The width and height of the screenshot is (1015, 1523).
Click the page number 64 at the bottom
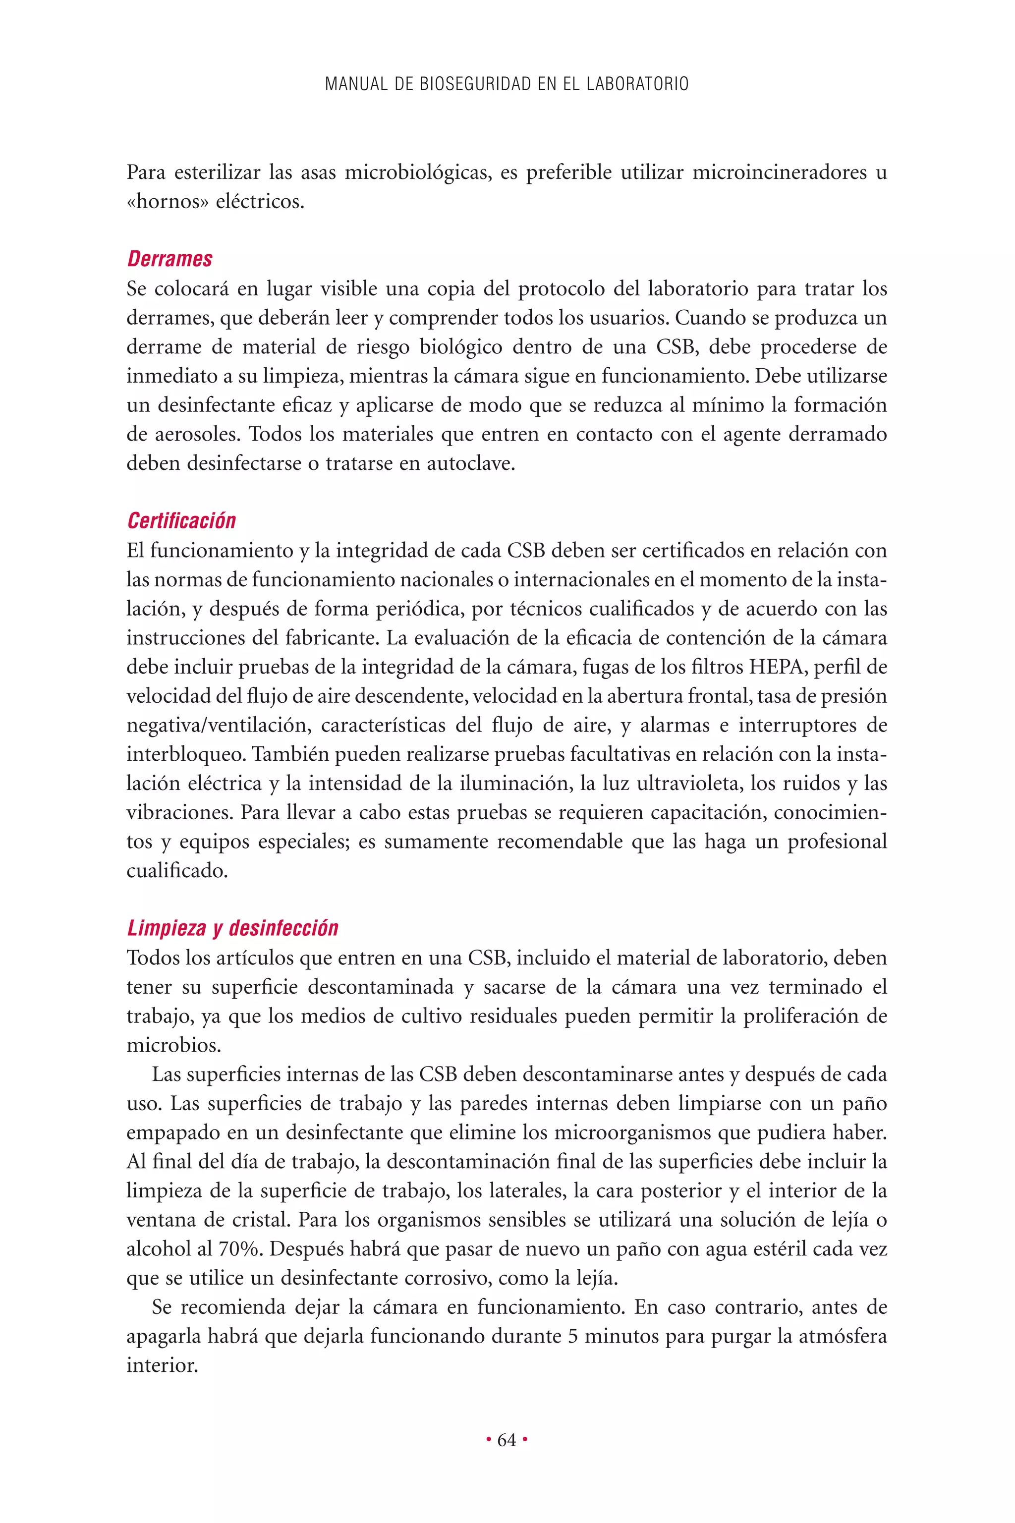(x=507, y=1440)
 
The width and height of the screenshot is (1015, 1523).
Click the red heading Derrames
(x=169, y=259)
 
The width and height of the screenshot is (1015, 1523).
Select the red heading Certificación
(x=181, y=521)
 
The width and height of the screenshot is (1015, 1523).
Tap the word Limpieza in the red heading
(x=167, y=928)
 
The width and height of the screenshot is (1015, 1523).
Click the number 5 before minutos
(x=572, y=1337)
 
